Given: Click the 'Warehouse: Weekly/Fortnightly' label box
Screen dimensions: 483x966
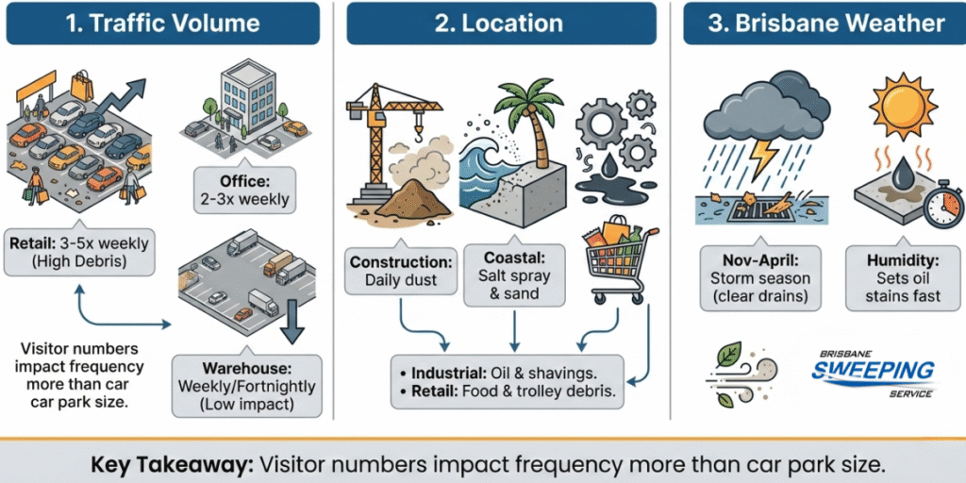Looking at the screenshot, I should pyautogui.click(x=246, y=387).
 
